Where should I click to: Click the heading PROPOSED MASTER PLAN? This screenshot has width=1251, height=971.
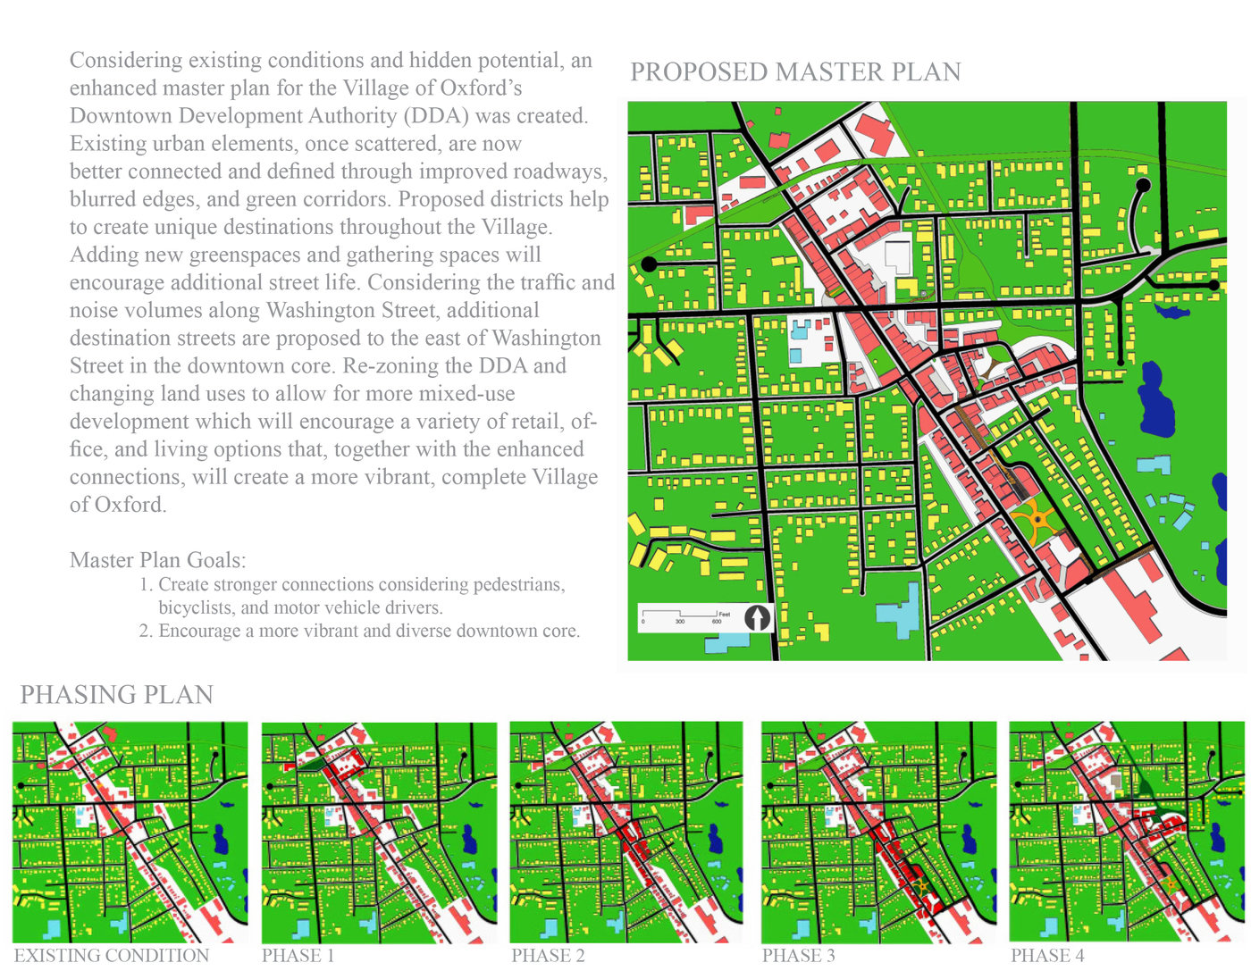point(795,72)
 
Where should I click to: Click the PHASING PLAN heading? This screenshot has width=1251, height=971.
point(117,695)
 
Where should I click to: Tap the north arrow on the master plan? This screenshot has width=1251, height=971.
point(757,617)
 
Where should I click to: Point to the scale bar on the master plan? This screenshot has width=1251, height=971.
point(680,616)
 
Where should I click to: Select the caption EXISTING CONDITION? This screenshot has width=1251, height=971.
point(112,956)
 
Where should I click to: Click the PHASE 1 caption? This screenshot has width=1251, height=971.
point(298,956)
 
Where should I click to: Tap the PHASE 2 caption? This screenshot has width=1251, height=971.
point(548,956)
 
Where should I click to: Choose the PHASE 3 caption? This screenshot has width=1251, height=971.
point(798,956)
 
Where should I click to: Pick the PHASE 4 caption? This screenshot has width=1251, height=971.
point(1047,956)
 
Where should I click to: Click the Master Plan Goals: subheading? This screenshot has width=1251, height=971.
point(157,560)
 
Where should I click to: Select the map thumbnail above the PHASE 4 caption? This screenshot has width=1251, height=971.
point(1126,832)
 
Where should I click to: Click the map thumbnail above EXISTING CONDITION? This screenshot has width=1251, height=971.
point(130,832)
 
